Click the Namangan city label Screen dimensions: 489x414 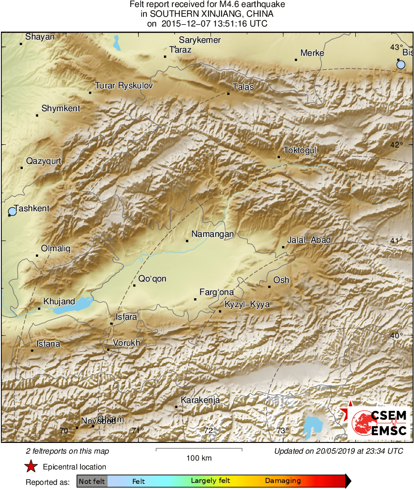[212, 234]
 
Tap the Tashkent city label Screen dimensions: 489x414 [32, 208]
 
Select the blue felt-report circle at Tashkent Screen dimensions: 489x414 [12, 212]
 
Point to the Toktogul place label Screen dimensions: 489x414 [300, 150]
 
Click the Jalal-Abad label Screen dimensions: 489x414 [309, 240]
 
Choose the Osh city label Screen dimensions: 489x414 [281, 280]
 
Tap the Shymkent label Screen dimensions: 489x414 [61, 108]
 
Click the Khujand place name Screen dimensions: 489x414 [59, 301]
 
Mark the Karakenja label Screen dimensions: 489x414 [200, 401]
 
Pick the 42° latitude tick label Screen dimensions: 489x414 [397, 145]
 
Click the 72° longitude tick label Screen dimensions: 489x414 [210, 430]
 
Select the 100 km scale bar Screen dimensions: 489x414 [199, 449]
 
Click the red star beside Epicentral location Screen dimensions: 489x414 [31, 466]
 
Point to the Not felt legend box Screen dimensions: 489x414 [92, 481]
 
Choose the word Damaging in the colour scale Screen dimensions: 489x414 [283, 481]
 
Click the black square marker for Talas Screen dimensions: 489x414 [229, 94]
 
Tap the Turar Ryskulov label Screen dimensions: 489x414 [123, 86]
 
